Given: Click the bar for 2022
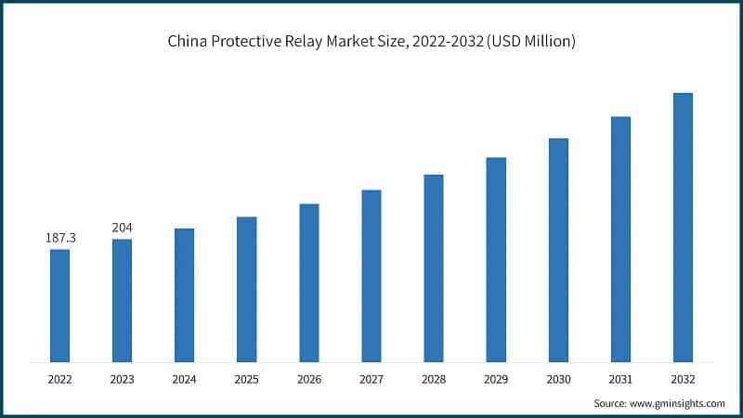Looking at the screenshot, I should [59, 305].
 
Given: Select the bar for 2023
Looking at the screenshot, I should [122, 300].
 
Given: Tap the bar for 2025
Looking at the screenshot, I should [246, 289].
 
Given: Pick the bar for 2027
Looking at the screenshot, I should [371, 275].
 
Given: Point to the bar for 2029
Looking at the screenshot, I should [496, 259].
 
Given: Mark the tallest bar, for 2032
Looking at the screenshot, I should [683, 227].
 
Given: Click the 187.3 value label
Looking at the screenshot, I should [60, 239].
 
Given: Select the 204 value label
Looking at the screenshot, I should [122, 228].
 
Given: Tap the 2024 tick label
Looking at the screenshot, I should [184, 379].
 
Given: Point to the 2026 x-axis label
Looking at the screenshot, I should [309, 379].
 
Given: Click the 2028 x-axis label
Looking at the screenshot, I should [434, 379].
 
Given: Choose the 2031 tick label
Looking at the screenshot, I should [620, 379].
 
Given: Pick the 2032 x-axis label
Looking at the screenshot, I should [683, 379].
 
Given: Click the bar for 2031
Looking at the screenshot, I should [620, 239].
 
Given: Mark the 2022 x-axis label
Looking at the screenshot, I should [59, 379].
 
